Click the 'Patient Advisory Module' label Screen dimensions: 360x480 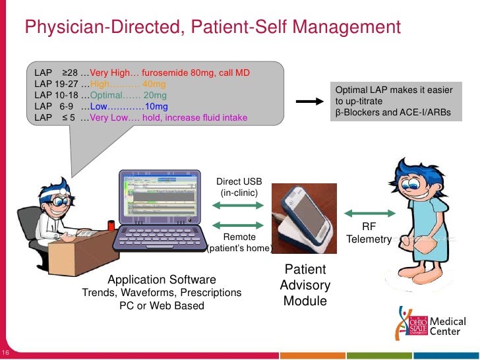tap(305, 285)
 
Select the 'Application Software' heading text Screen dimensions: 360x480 tap(162, 280)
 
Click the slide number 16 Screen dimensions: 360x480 tap(6, 350)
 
